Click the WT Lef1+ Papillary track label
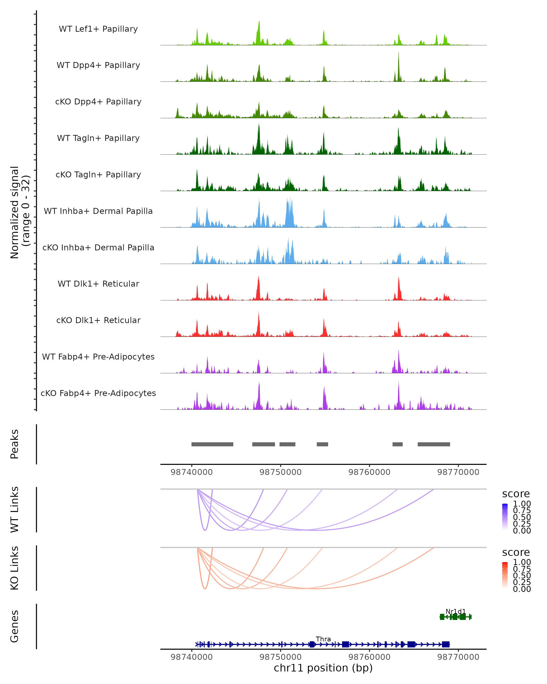(x=98, y=29)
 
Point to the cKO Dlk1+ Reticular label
(x=98, y=320)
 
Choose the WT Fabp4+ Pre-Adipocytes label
(x=98, y=357)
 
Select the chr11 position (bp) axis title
(x=323, y=668)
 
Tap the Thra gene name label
(x=323, y=639)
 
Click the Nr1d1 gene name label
(x=455, y=611)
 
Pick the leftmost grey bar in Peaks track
(x=212, y=444)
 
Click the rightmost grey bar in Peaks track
(x=433, y=444)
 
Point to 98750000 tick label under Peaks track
(x=280, y=472)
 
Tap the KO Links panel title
(x=15, y=568)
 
